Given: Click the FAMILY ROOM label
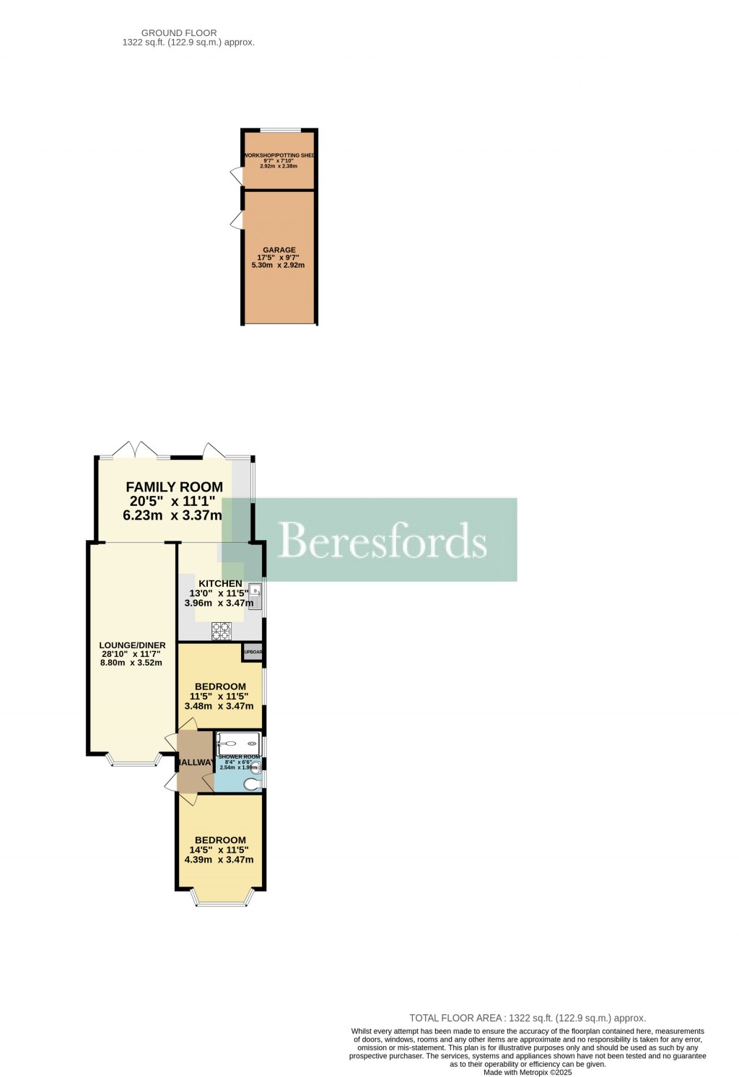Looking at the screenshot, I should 174,487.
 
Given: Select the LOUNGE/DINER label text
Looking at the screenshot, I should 132,645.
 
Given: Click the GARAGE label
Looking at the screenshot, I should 279,250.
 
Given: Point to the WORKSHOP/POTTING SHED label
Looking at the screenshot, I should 279,156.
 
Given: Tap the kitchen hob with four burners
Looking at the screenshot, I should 221,632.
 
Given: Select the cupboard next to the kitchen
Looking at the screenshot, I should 253,652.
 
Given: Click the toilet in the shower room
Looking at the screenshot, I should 253,784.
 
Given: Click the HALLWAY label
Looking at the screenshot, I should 196,762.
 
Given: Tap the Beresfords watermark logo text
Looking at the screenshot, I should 382,540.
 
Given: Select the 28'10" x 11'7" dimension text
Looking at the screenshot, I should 131,654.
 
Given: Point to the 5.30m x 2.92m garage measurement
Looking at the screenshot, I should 278,265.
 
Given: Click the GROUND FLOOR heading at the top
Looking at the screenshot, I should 179,32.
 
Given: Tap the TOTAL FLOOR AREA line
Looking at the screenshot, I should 528,1018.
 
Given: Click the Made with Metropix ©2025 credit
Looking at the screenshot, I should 528,1073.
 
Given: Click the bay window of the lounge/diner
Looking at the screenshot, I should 134,759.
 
